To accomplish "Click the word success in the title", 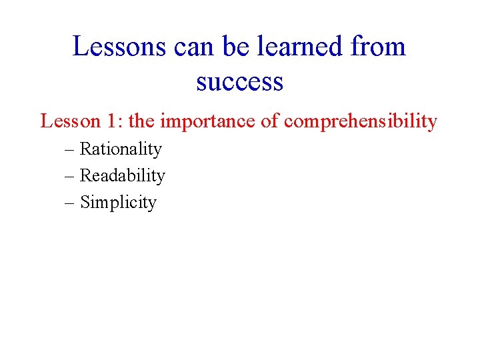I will (240, 83).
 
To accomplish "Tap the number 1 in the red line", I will (113, 121).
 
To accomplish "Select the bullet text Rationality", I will (121, 149).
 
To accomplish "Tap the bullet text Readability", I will (122, 176).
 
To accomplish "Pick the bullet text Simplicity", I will (118, 203).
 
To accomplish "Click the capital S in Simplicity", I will (85, 202).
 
